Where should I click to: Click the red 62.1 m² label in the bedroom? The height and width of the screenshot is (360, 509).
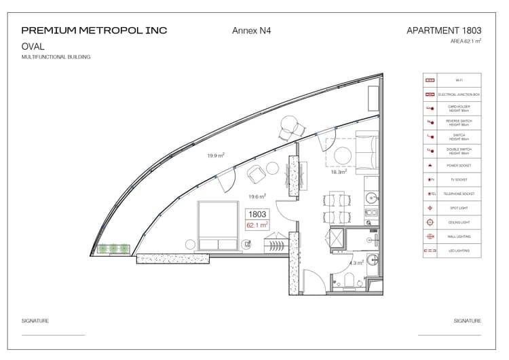(257, 224)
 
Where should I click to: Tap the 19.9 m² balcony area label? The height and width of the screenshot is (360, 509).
(216, 156)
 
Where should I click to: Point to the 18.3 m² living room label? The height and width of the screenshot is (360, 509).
(339, 173)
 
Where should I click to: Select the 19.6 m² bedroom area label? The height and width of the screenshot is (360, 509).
(257, 196)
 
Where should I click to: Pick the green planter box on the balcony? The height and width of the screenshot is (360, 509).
(112, 249)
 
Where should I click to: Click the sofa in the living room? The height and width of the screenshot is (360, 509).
(368, 150)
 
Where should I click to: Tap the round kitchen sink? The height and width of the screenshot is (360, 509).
(371, 198)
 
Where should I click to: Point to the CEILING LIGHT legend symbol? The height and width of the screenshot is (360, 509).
(429, 222)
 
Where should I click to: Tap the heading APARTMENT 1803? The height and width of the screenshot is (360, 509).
(444, 31)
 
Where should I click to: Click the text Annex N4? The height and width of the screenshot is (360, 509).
(252, 31)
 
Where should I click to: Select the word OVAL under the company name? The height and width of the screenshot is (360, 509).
(33, 47)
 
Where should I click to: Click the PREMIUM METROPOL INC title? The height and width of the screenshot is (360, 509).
(94, 31)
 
